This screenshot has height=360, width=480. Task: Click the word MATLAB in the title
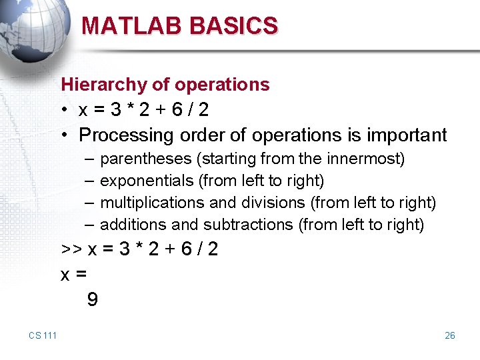(132, 25)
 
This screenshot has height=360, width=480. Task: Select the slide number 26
(450, 335)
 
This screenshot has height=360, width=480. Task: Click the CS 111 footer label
(43, 335)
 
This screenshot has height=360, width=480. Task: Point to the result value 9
(92, 300)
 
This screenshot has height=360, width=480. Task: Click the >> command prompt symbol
(71, 249)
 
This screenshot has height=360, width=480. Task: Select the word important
(407, 135)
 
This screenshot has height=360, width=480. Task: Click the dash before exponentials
(89, 181)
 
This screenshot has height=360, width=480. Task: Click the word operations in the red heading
(222, 85)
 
